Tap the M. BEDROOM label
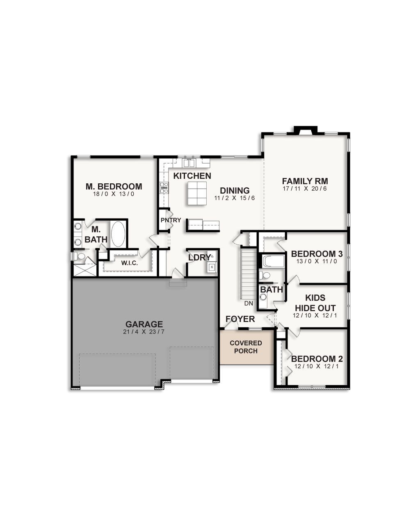pyautogui.click(x=114, y=187)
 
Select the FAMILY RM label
pyautogui.click(x=305, y=181)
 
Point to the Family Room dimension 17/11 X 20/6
pyautogui.click(x=305, y=189)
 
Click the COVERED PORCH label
pyautogui.click(x=246, y=347)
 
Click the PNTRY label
pyautogui.click(x=171, y=220)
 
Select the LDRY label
pyautogui.click(x=199, y=258)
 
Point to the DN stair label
pyautogui.click(x=249, y=304)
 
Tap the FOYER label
pyautogui.click(x=240, y=319)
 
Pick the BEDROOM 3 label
pyautogui.click(x=317, y=254)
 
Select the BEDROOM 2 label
pyautogui.click(x=317, y=359)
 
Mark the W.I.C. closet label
pyautogui.click(x=129, y=263)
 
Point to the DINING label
pyautogui.click(x=235, y=191)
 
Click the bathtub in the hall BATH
pyautogui.click(x=272, y=261)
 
